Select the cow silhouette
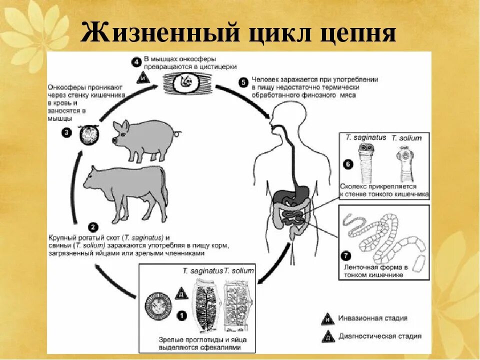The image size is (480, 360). [125, 192]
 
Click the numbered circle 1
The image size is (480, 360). [181, 315]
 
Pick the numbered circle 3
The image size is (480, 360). [66, 132]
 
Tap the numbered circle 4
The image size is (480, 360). [136, 62]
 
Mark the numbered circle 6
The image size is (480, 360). [348, 164]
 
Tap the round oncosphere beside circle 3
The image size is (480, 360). [91, 134]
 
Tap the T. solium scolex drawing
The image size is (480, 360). [405, 160]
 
